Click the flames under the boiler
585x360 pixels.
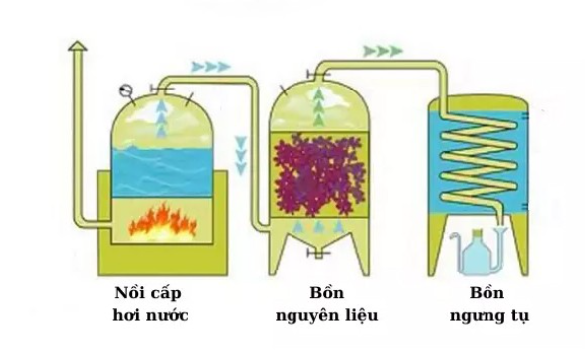tap(162, 221)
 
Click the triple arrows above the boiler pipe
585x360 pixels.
tap(210, 67)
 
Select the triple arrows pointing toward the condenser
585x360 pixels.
tap(383, 50)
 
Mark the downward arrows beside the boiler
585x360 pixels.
tap(241, 151)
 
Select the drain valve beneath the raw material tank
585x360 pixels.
tap(316, 256)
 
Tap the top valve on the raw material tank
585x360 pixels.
tap(315, 73)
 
